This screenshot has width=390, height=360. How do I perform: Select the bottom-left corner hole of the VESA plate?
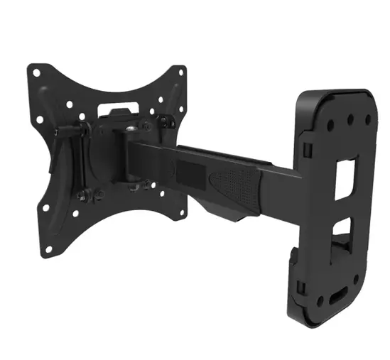(48, 250)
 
